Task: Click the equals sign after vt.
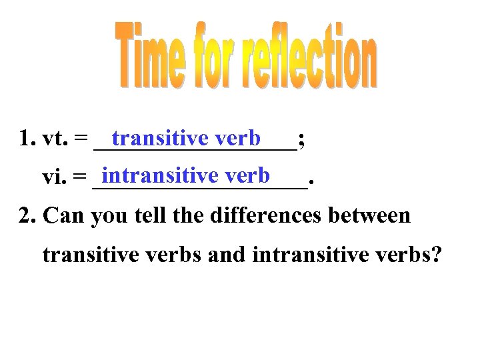[80, 139]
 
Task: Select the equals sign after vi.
[79, 177]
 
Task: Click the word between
[377, 216]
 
